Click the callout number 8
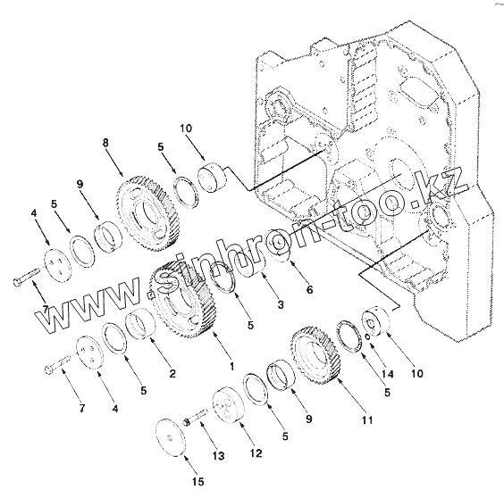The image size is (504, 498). (x=105, y=143)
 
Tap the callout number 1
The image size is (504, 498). (x=232, y=366)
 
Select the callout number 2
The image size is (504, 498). (x=172, y=373)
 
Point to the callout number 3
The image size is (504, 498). (x=281, y=304)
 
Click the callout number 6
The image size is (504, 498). (x=309, y=290)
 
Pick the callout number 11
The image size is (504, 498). (x=367, y=419)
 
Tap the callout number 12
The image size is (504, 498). (x=256, y=453)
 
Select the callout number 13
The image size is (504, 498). (x=219, y=456)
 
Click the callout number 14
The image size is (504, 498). (x=388, y=374)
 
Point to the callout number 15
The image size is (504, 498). (x=198, y=481)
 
